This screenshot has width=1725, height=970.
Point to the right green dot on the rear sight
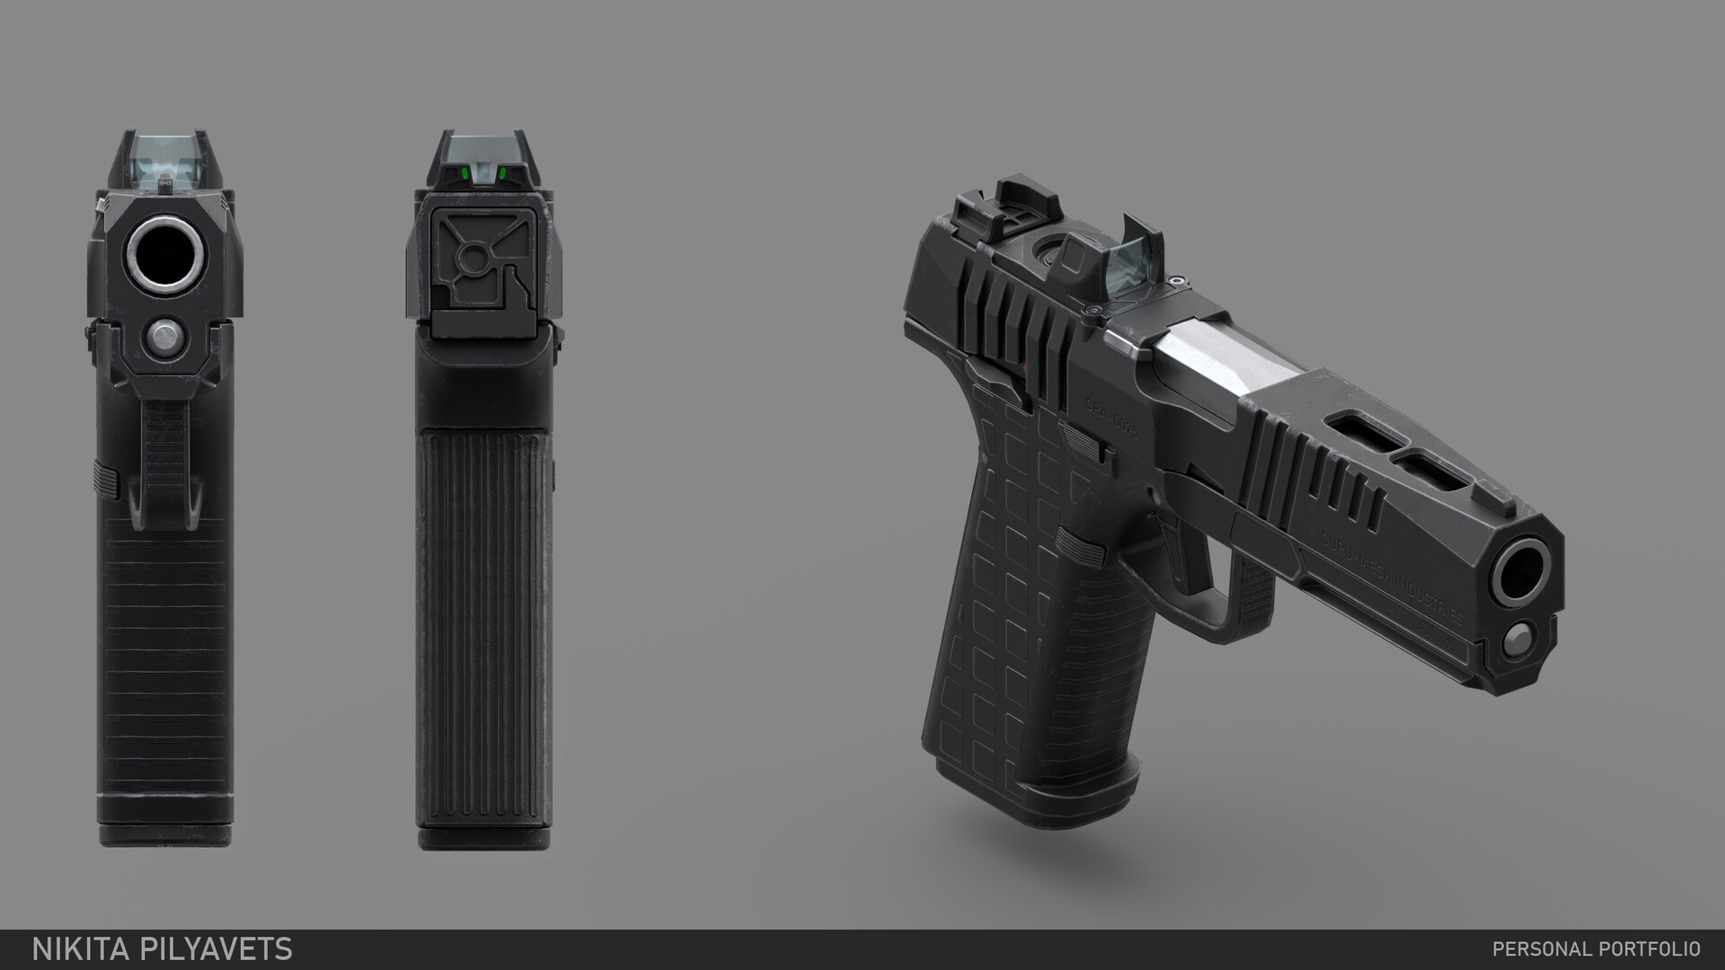tap(502, 172)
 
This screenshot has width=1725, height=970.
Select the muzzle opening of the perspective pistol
tap(1525, 570)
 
